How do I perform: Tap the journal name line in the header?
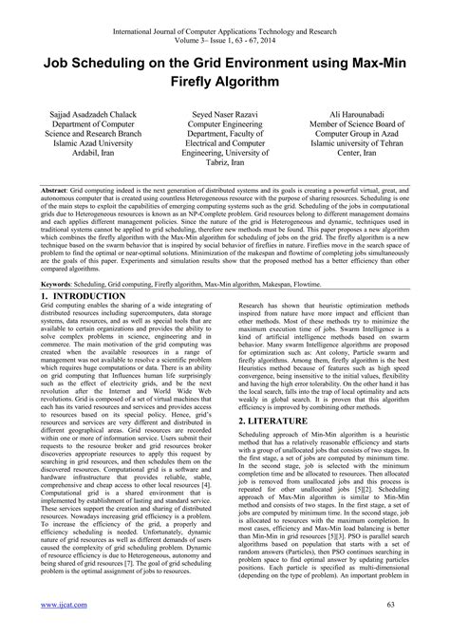226,8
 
